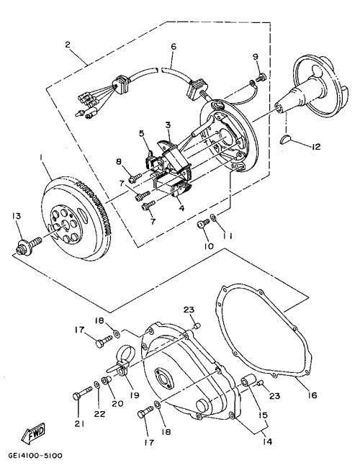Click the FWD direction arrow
[33, 433]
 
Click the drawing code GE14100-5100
[35, 455]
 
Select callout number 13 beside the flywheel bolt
[17, 216]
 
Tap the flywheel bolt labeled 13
[28, 245]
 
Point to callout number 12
[316, 147]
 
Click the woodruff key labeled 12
[286, 140]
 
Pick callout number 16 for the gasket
[312, 395]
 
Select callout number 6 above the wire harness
[174, 47]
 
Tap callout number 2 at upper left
[68, 45]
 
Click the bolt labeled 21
[82, 393]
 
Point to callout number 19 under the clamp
[135, 395]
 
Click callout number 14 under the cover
[267, 441]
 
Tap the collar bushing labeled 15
[249, 381]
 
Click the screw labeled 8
[135, 178]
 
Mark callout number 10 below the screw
[209, 246]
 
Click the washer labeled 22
[97, 384]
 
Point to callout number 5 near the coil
[142, 133]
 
